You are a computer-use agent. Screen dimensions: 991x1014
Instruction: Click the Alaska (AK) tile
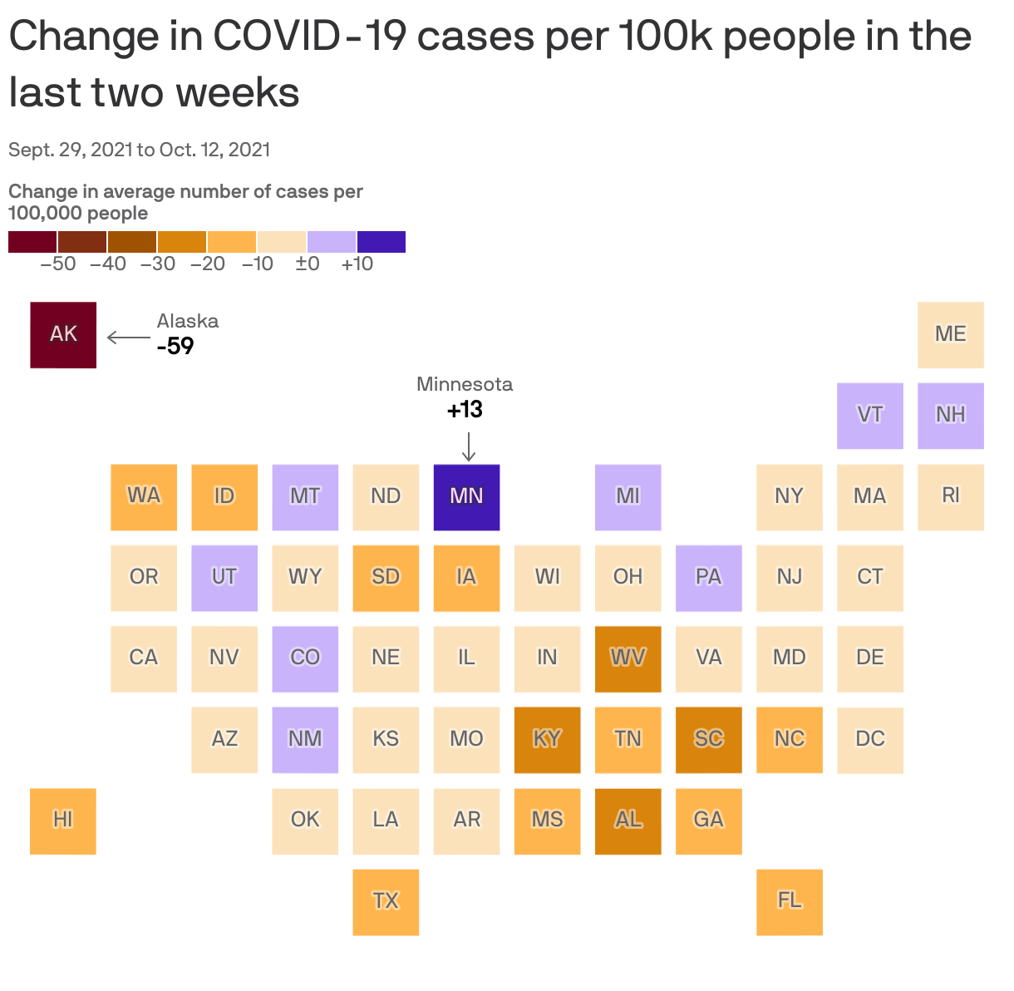[63, 334]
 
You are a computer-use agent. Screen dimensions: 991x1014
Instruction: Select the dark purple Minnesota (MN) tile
[466, 496]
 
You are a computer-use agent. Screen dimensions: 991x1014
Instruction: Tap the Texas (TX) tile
[386, 901]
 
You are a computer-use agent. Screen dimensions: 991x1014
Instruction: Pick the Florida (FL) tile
[790, 901]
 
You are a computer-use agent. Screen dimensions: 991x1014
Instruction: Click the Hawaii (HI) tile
[63, 821]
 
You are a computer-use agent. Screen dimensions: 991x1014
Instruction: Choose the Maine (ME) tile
[951, 334]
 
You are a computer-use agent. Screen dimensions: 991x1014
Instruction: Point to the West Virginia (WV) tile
[628, 658]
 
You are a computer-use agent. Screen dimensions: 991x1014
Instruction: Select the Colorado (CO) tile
[305, 658]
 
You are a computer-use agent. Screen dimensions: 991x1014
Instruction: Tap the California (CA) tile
[144, 658]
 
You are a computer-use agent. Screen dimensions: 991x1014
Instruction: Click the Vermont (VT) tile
[870, 415]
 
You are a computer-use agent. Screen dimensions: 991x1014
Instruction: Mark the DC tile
[870, 739]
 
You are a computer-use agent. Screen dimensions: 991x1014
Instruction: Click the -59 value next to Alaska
[175, 346]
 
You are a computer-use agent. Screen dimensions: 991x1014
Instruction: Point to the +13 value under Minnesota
[465, 410]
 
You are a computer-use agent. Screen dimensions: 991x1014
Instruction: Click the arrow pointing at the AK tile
[128, 338]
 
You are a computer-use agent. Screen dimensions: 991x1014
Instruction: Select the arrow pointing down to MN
[469, 446]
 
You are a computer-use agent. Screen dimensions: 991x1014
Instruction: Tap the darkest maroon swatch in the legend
[32, 242]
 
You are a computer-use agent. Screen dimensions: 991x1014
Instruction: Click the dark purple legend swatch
[381, 242]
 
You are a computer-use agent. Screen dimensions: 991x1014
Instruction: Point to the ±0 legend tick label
[308, 264]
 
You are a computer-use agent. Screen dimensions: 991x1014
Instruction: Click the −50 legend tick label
[58, 264]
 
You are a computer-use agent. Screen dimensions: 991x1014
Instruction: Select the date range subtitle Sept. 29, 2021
[139, 150]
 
